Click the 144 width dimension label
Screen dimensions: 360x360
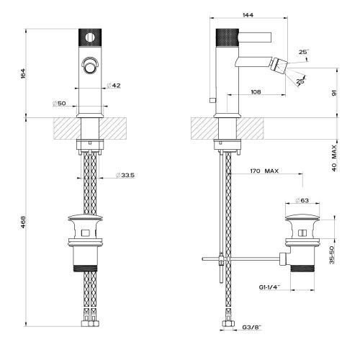click(x=248, y=15)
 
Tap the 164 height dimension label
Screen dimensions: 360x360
click(x=23, y=73)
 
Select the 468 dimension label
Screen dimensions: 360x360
click(x=23, y=222)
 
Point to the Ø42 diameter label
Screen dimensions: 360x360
click(x=114, y=85)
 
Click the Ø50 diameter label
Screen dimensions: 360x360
click(x=59, y=104)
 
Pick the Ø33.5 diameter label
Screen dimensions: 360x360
click(x=125, y=175)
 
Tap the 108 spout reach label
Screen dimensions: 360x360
click(x=256, y=91)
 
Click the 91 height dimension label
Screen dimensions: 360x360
click(x=334, y=93)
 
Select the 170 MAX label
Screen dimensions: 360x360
click(x=264, y=171)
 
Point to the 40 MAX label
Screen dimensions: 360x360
click(x=334, y=158)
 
